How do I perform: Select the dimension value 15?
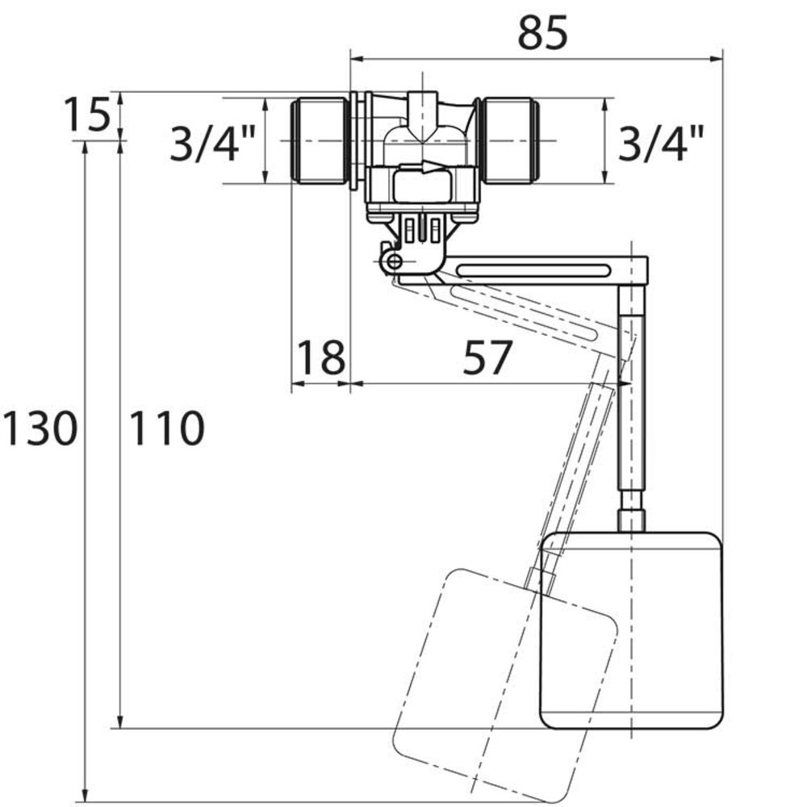(85, 116)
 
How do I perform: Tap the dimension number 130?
(39, 428)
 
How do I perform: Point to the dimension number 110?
(166, 428)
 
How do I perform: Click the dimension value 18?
(320, 358)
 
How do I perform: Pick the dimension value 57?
(487, 358)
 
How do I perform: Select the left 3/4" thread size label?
(212, 144)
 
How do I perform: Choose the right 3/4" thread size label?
(660, 144)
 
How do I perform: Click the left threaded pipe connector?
(318, 141)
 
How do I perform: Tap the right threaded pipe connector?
(510, 141)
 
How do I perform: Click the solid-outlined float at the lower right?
(629, 629)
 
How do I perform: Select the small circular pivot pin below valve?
(393, 261)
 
